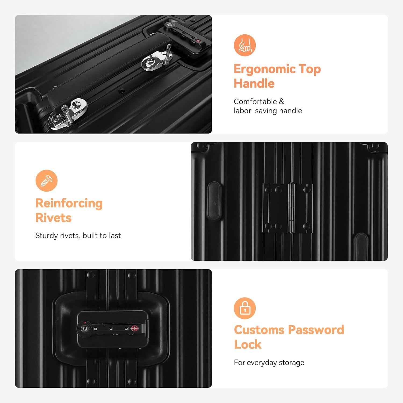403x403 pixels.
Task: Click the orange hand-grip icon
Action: click(x=245, y=45)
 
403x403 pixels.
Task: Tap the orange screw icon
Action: click(x=46, y=181)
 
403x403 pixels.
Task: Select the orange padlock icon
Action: click(x=245, y=308)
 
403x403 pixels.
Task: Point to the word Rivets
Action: click(x=53, y=218)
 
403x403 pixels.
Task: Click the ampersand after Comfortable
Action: click(x=281, y=102)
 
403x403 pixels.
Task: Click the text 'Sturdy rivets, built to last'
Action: click(x=78, y=236)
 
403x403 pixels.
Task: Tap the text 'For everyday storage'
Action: click(x=269, y=363)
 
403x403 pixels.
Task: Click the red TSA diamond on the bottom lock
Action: click(x=135, y=328)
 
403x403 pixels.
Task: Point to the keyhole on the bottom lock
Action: click(x=84, y=328)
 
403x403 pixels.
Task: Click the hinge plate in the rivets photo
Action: click(x=287, y=208)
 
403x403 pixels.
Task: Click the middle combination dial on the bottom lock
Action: click(x=111, y=329)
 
